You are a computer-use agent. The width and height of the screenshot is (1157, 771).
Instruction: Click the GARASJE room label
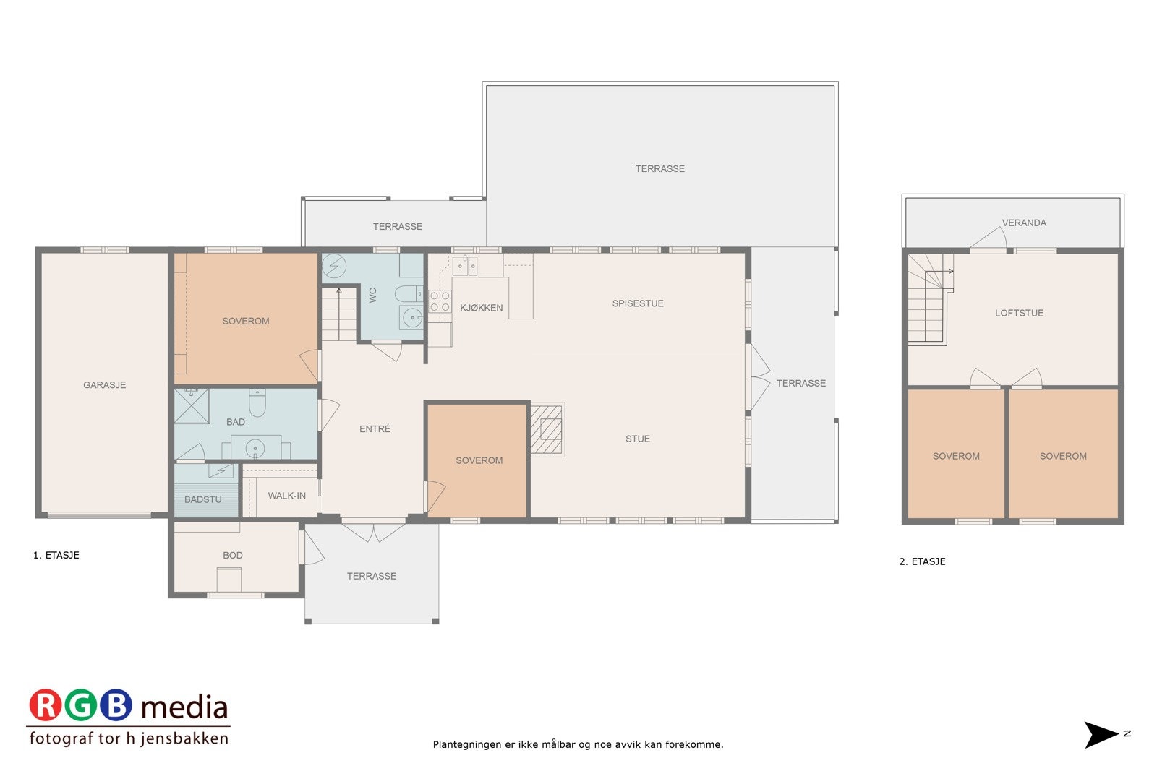point(104,385)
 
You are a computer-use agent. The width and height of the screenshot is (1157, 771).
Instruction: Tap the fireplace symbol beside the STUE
point(547,429)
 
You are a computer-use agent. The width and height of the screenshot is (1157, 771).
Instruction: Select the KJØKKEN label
point(481,308)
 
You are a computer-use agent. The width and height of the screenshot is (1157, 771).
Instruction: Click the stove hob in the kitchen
point(440,301)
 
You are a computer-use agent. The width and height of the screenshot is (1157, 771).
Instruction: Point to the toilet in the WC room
point(407,293)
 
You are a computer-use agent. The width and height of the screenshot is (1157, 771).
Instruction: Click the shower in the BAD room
point(192,406)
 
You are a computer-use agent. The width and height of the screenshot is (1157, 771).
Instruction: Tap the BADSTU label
point(202,499)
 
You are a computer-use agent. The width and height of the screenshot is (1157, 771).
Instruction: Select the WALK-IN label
point(286,496)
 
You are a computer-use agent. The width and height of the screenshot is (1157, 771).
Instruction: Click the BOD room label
point(233,555)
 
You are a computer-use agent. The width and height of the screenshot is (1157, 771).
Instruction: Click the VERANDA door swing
point(988,239)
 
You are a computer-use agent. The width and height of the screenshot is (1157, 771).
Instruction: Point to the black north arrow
point(1101,735)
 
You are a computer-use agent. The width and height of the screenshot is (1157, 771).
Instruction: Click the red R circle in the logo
point(46,706)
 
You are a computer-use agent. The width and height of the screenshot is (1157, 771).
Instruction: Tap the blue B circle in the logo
point(116,706)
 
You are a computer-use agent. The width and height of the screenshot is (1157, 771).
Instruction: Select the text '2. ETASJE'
point(922,561)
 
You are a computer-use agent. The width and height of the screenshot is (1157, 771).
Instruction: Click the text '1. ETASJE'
point(56,555)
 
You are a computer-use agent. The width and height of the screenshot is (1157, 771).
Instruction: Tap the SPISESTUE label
point(637,303)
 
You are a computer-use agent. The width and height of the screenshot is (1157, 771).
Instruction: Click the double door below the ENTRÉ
point(373,531)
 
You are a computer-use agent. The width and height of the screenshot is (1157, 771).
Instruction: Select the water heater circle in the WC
point(334,267)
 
